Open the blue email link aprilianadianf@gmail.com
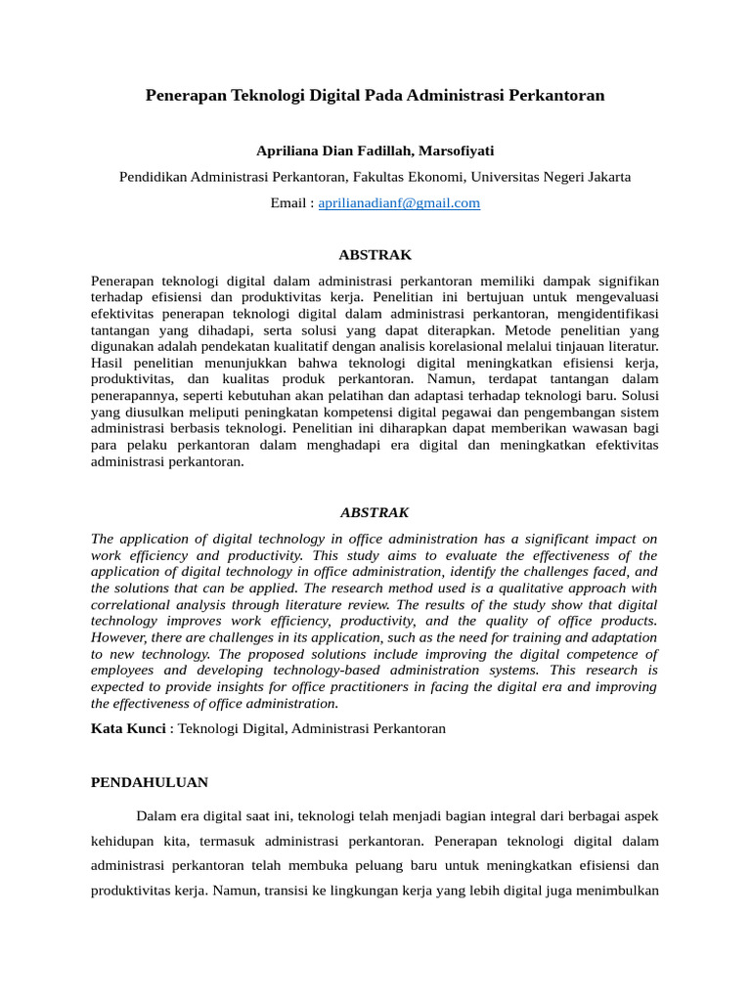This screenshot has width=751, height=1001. click(x=400, y=203)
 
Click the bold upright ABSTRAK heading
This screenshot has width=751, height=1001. click(x=375, y=254)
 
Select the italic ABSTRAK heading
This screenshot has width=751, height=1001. click(x=375, y=512)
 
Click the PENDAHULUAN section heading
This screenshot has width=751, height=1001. click(x=149, y=783)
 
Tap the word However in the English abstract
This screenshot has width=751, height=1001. click(x=121, y=637)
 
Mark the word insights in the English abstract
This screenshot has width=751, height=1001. click(x=270, y=687)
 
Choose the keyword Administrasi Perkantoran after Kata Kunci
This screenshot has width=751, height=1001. click(x=369, y=728)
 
